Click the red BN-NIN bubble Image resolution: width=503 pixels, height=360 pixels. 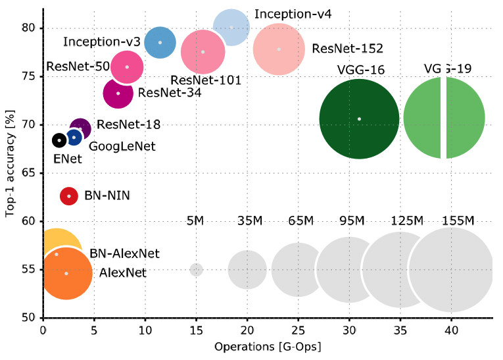(69, 196)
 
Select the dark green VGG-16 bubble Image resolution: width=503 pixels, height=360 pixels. (359, 119)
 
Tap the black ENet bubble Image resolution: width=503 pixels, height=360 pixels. (59, 140)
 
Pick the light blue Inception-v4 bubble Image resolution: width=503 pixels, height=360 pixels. (231, 27)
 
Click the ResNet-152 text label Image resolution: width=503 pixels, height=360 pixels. (347, 48)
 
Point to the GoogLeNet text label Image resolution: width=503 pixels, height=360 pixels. (122, 146)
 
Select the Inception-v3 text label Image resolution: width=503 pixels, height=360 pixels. (102, 41)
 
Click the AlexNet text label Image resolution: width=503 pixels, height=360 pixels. (124, 272)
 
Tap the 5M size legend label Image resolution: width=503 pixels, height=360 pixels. (196, 220)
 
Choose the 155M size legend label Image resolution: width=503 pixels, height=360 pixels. (458, 220)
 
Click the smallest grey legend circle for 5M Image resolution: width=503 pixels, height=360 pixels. (197, 270)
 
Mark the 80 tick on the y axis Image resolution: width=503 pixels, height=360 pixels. (32, 28)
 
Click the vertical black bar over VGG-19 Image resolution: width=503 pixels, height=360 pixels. (444, 92)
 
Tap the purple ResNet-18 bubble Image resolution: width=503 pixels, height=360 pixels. (80, 129)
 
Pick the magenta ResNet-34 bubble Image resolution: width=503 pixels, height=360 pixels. (118, 93)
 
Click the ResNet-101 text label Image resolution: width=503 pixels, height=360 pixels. (205, 80)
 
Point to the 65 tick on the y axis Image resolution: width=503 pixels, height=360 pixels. (32, 173)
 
